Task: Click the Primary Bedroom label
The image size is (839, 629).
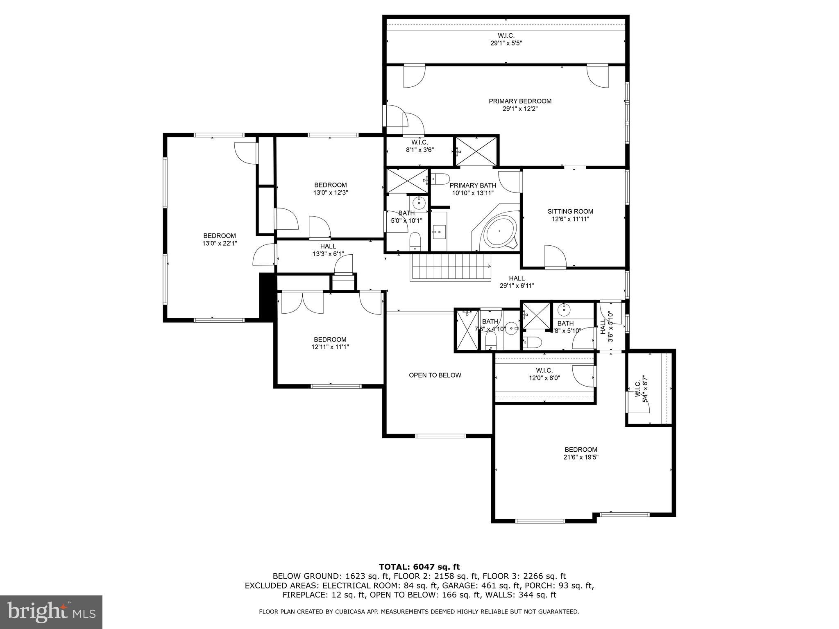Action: coord(520,101)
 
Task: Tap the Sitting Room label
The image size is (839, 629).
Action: coord(570,212)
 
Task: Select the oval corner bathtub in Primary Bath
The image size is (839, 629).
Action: coord(499,232)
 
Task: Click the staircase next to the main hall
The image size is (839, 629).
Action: coord(451,267)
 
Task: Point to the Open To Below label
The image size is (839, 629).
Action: coord(435,375)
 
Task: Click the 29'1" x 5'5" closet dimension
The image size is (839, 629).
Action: coord(506,43)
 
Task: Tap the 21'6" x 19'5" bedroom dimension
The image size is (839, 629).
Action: coord(580,457)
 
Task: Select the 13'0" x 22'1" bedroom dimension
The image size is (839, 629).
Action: coord(220,243)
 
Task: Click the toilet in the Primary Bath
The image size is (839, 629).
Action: coord(441,179)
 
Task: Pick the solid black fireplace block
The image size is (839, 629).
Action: coord(267,297)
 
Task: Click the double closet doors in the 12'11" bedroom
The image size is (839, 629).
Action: coord(302,303)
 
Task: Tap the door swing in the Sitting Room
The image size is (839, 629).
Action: coord(555,256)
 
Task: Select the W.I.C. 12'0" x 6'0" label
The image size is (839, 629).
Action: coord(544,374)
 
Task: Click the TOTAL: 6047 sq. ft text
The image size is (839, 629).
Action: coord(419,567)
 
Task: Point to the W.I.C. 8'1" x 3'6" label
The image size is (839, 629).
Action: coord(419,146)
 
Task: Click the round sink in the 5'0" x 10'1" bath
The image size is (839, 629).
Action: coord(419,202)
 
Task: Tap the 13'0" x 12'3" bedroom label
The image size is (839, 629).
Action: coord(330,189)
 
